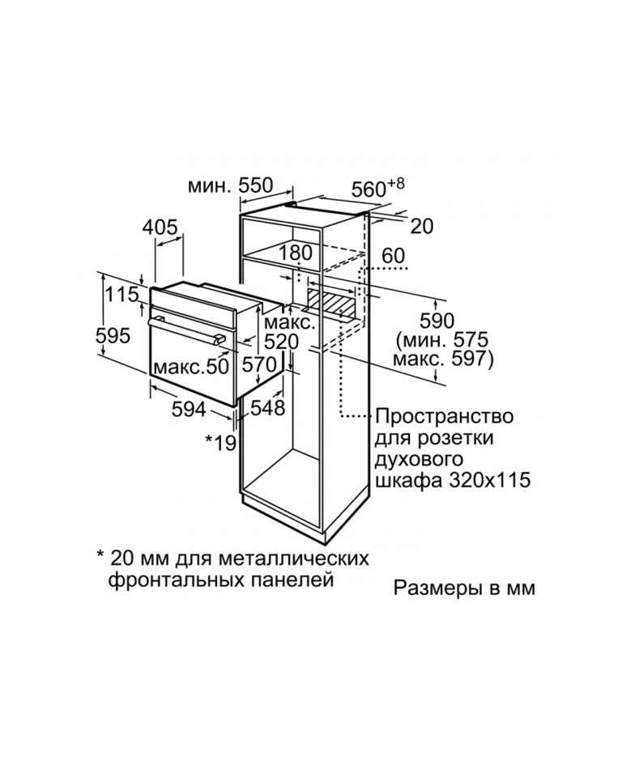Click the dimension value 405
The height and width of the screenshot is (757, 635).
click(x=160, y=227)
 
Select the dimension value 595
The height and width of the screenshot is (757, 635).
click(x=113, y=335)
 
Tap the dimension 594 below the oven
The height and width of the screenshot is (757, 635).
click(x=189, y=410)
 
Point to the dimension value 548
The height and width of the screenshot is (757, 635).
click(x=267, y=408)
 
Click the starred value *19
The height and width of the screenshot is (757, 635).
click(x=220, y=441)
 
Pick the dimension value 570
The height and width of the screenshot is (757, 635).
click(x=259, y=364)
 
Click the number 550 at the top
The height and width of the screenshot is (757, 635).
click(x=256, y=185)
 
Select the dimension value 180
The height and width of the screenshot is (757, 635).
click(x=296, y=253)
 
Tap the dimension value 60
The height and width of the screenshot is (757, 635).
click(x=394, y=256)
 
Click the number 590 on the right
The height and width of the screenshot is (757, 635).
click(x=437, y=321)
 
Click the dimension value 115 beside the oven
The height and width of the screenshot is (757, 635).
click(x=121, y=294)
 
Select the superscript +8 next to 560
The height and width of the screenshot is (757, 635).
click(x=395, y=184)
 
